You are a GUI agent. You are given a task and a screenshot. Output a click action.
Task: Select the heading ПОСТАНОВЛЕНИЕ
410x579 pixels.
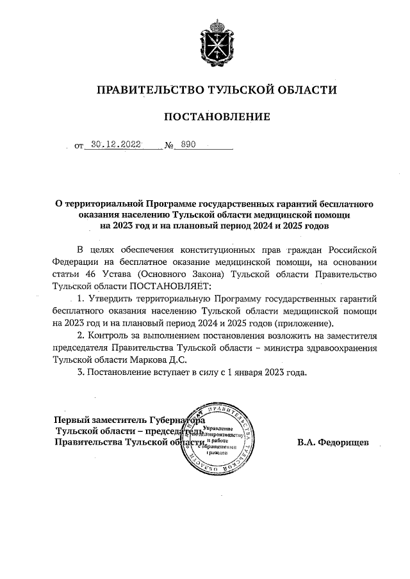pyautogui.click(x=213, y=116)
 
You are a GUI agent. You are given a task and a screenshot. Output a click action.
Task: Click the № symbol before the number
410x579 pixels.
pyautogui.click(x=170, y=146)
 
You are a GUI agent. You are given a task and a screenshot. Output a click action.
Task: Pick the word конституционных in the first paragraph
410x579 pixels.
pyautogui.click(x=234, y=249)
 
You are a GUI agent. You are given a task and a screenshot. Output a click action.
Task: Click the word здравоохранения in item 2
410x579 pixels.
pyautogui.click(x=341, y=348)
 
